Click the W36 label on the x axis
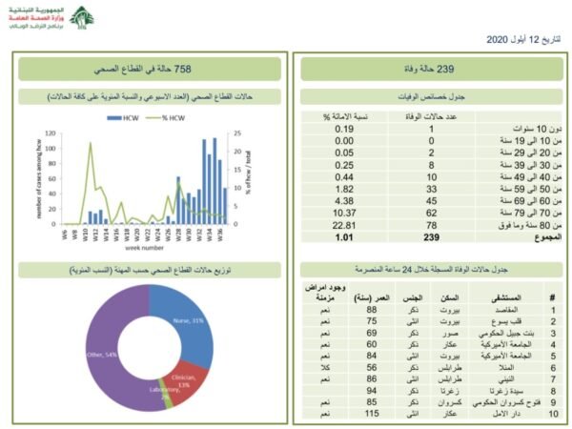click(222, 233)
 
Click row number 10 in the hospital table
click(551, 416)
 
